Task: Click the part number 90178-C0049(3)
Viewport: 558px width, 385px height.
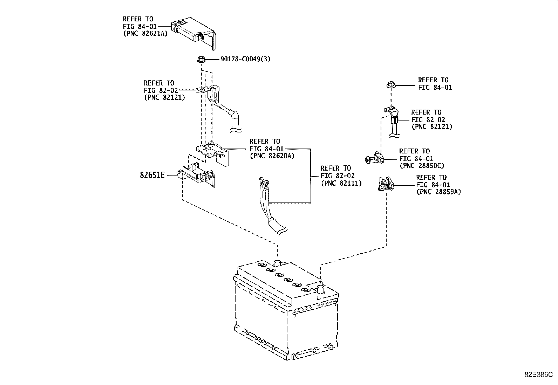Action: [x=245, y=59]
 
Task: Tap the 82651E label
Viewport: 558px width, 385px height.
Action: [x=152, y=175]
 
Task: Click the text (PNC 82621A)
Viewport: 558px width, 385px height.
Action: [x=145, y=33]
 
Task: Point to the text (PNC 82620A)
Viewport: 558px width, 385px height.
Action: [x=272, y=156]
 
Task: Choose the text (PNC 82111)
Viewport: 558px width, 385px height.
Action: [x=341, y=183]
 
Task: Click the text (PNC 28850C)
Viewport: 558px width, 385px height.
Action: [x=422, y=166]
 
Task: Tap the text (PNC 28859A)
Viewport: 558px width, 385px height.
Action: [x=439, y=192]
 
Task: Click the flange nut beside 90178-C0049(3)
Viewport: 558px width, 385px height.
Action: [x=201, y=60]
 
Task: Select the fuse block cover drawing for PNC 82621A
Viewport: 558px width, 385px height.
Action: [x=194, y=33]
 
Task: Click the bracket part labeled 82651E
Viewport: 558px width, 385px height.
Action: [x=196, y=175]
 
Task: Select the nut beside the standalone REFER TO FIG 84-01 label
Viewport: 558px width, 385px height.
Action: [x=391, y=85]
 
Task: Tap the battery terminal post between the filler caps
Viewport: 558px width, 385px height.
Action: [x=277, y=263]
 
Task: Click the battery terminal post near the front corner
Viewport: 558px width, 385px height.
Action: [x=320, y=290]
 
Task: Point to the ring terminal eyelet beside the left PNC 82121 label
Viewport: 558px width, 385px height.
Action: [x=202, y=89]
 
